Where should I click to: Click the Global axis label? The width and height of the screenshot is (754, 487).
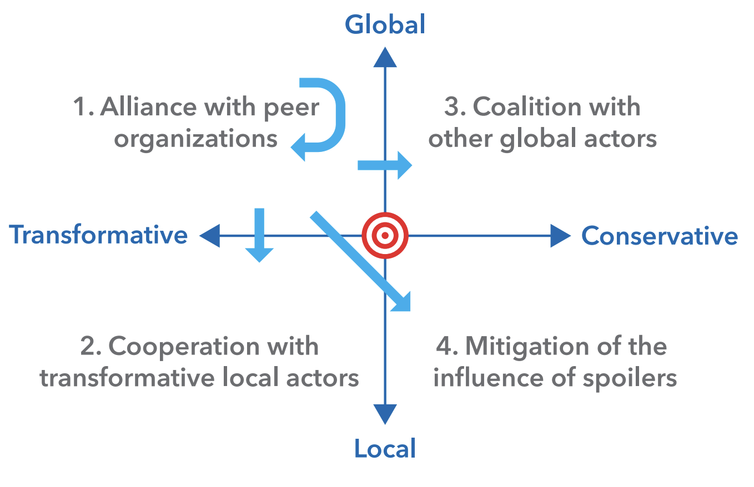tap(385, 24)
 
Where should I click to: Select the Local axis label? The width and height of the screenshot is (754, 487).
tap(385, 448)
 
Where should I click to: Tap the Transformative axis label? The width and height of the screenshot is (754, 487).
tap(98, 235)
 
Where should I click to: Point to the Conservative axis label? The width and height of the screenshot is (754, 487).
tap(660, 236)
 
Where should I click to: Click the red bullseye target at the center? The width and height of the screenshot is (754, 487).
tap(385, 235)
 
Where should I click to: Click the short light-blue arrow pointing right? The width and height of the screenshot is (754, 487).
tap(385, 165)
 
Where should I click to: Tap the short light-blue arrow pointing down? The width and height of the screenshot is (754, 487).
tap(259, 235)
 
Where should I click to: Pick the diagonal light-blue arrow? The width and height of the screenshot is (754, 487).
tap(360, 261)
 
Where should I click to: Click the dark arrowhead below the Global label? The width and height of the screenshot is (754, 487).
tap(385, 57)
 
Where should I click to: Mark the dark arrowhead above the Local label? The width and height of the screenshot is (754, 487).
tap(385, 414)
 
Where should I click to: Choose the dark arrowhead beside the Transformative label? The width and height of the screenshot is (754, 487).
tap(210, 236)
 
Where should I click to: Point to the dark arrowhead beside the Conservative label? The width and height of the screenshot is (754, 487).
tap(561, 236)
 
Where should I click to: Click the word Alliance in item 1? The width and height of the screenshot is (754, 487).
tap(148, 106)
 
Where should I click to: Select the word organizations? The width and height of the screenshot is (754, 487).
tap(195, 139)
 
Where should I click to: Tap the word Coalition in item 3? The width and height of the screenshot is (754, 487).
tap(527, 106)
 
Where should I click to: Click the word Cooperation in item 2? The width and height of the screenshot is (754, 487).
tap(184, 347)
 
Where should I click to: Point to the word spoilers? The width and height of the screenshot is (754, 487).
tap(630, 379)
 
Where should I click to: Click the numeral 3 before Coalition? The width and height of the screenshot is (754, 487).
tap(451, 106)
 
